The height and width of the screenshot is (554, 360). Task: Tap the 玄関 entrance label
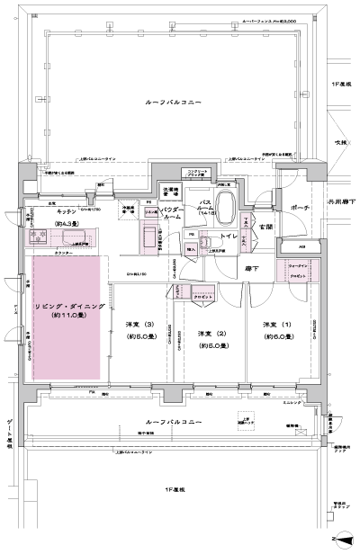click(x=267, y=227)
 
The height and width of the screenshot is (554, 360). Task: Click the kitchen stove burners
click(x=39, y=237)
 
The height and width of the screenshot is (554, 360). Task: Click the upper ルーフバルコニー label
click(x=175, y=104)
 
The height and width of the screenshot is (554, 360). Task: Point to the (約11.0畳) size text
click(x=67, y=319)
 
